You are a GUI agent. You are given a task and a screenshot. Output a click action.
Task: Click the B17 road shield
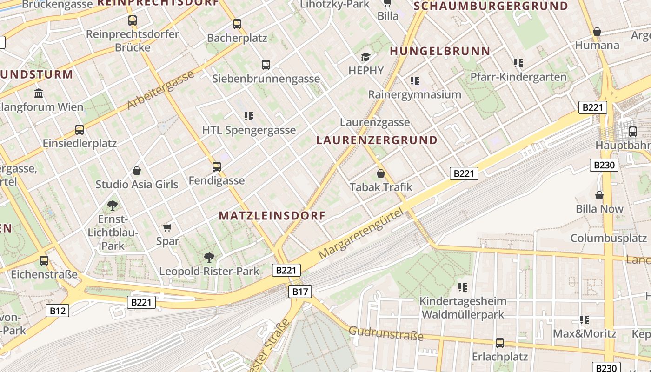click(x=300, y=292)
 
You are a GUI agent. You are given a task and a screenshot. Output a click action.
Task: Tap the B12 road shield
click(x=57, y=311)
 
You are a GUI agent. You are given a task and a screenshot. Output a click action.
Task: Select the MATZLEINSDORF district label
click(x=272, y=216)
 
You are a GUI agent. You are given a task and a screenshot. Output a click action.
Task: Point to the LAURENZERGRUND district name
click(x=377, y=140)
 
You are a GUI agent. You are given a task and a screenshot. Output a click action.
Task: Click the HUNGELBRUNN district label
click(x=440, y=51)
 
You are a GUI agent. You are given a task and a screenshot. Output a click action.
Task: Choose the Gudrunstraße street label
click(x=386, y=333)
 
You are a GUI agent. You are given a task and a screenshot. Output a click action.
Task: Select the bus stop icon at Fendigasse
click(x=216, y=166)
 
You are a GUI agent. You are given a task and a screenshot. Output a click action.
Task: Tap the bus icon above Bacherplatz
click(x=237, y=24)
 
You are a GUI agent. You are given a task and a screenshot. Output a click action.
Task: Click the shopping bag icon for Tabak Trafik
click(x=381, y=173)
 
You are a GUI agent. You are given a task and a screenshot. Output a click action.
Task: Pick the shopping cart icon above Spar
click(x=167, y=227)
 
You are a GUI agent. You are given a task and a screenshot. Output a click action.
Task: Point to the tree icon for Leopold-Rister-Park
click(x=209, y=257)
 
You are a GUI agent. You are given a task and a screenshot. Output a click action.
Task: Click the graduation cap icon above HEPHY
click(x=366, y=57)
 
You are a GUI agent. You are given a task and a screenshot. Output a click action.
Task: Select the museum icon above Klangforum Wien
click(x=39, y=93)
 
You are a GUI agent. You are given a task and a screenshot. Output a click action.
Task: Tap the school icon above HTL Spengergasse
click(x=249, y=116)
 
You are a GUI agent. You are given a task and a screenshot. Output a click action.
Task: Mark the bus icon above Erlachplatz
click(x=500, y=343)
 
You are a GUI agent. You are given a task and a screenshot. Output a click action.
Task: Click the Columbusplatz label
click(x=609, y=238)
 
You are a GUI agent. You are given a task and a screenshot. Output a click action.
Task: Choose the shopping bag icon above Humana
click(x=597, y=32)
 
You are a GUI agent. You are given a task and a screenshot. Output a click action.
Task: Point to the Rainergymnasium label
click(x=414, y=94)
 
